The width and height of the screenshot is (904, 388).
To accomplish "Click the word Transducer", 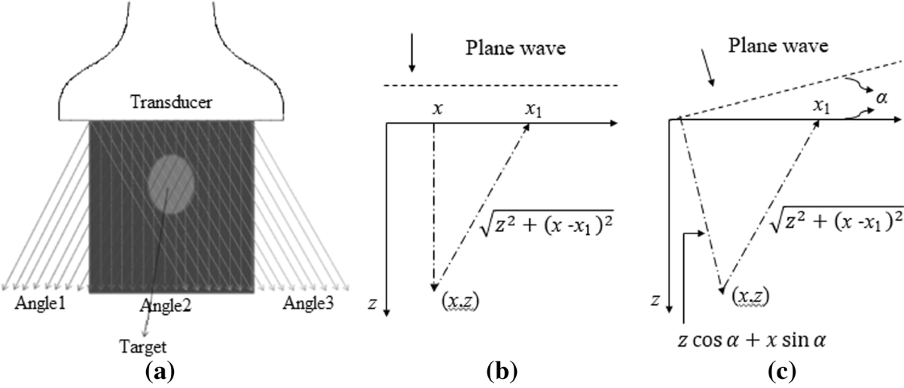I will [x=171, y=102].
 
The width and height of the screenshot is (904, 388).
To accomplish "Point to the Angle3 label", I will [x=310, y=304].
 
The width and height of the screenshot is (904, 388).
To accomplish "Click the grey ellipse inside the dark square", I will [x=172, y=184].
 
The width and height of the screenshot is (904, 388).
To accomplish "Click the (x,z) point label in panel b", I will [x=460, y=302].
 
